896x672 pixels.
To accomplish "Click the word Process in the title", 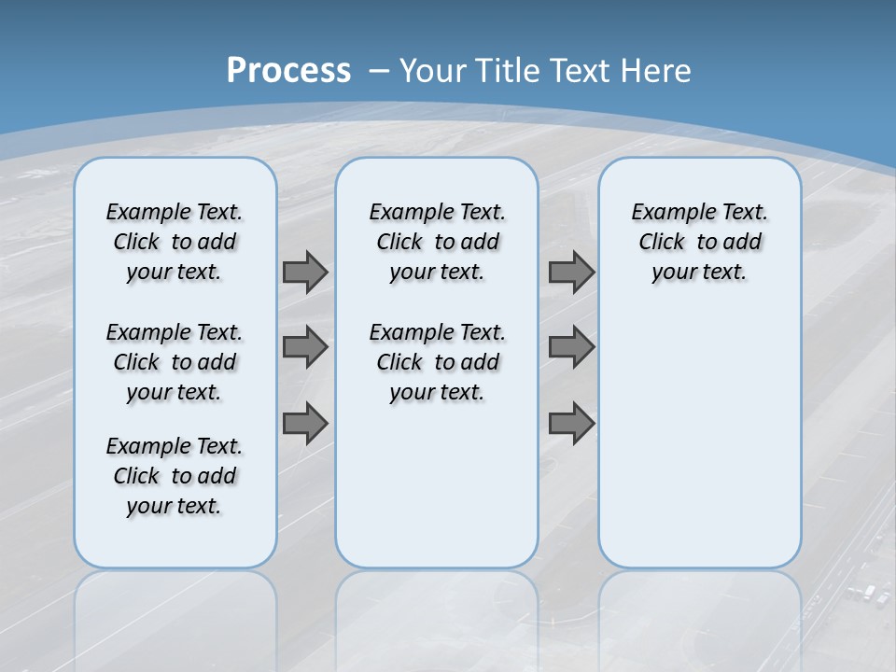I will pyautogui.click(x=288, y=70).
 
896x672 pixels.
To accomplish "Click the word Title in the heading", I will pyautogui.click(x=510, y=70).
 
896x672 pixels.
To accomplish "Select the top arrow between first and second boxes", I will pyautogui.click(x=305, y=272).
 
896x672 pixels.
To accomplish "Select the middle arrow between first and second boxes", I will pyautogui.click(x=305, y=347).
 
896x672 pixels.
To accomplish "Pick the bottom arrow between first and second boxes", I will pyautogui.click(x=305, y=424).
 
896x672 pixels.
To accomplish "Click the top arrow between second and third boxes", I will pyautogui.click(x=571, y=272).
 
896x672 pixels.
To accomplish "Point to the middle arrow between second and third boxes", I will pyautogui.click(x=571, y=347).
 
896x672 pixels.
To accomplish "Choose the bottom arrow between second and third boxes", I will pyautogui.click(x=571, y=424).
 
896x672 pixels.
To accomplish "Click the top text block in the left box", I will pyautogui.click(x=175, y=242).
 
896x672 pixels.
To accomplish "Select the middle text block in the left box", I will pyautogui.click(x=175, y=362).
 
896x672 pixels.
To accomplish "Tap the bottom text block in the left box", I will pyautogui.click(x=175, y=476).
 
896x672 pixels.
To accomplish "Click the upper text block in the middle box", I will pyautogui.click(x=438, y=242).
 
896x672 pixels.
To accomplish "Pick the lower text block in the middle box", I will pyautogui.click(x=438, y=362).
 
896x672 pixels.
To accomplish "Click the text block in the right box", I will pyautogui.click(x=700, y=242).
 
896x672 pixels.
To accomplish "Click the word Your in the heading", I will pyautogui.click(x=434, y=70).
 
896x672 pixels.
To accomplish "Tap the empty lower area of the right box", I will pyautogui.click(x=700, y=439).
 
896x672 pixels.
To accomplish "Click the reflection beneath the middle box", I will pyautogui.click(x=437, y=616).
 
